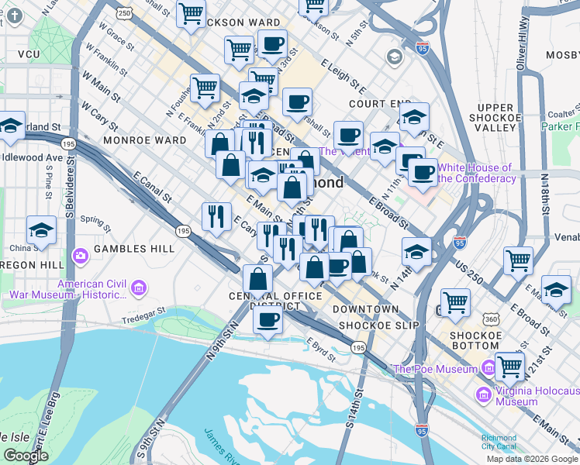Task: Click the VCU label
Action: coord(29,55)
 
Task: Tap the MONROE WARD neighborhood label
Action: coord(153,140)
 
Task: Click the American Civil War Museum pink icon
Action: coord(139,289)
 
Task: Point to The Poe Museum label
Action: coord(435,369)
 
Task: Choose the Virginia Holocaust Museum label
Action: coord(527,396)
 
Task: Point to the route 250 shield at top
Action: coord(124,13)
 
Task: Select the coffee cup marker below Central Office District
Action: coord(268,319)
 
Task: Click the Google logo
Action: coord(26,456)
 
